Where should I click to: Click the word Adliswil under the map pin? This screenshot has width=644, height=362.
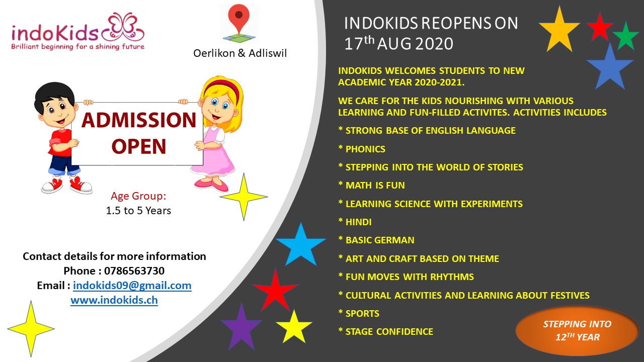(x=268, y=53)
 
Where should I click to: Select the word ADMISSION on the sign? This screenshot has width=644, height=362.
(x=139, y=120)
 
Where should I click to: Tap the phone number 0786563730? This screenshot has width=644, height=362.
(x=134, y=270)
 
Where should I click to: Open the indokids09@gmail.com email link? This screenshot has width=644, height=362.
(x=132, y=286)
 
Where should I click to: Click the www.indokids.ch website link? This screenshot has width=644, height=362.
(x=114, y=300)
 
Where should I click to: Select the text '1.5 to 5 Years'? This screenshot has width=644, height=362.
(x=138, y=211)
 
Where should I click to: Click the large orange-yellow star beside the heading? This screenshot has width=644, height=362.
(x=559, y=30)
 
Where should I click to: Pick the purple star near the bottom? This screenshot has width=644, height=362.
(x=242, y=326)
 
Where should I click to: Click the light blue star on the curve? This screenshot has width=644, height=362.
(x=301, y=244)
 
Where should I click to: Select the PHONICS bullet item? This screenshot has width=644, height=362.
(x=362, y=149)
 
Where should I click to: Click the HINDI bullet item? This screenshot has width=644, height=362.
(x=355, y=222)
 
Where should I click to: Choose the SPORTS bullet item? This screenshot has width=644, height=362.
(x=359, y=313)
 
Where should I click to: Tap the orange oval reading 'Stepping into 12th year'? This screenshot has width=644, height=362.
(x=577, y=331)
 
